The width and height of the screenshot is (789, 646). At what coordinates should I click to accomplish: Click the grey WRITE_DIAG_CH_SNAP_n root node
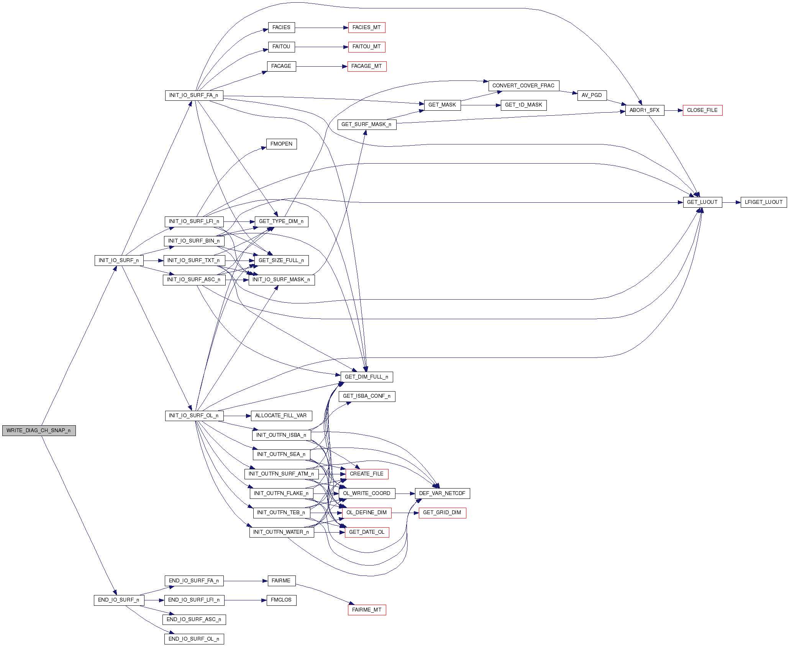click(x=39, y=431)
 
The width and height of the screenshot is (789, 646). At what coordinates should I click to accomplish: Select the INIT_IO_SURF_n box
click(x=119, y=261)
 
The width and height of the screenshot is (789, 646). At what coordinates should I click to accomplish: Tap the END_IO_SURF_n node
click(x=119, y=600)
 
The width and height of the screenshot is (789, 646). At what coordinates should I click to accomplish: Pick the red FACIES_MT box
click(x=367, y=28)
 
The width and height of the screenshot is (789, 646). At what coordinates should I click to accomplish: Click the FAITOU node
click(x=281, y=47)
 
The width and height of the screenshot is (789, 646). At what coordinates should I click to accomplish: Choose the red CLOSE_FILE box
click(x=702, y=110)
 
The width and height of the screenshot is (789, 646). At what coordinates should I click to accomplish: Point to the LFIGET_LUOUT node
click(x=763, y=202)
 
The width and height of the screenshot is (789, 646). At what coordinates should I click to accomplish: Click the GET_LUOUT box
click(x=702, y=202)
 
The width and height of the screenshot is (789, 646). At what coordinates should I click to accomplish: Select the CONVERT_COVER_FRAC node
click(x=523, y=86)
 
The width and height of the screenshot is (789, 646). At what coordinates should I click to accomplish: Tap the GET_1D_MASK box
click(x=523, y=105)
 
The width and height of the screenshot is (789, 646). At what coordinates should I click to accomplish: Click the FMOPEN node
click(x=281, y=144)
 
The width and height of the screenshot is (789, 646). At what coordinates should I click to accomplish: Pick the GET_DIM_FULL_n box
click(x=367, y=377)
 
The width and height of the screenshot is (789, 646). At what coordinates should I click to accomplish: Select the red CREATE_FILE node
click(x=367, y=474)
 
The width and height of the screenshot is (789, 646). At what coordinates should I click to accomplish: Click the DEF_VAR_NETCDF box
click(x=442, y=494)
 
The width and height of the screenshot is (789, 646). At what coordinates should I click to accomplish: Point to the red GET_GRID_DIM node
click(x=442, y=513)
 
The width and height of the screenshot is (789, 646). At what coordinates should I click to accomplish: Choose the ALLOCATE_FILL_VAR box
click(x=281, y=416)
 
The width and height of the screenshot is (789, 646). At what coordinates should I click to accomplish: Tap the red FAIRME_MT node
click(x=367, y=610)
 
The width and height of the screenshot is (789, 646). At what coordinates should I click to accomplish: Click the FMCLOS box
click(x=281, y=600)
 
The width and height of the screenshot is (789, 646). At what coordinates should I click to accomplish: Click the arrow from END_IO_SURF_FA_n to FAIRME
click(x=245, y=581)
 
